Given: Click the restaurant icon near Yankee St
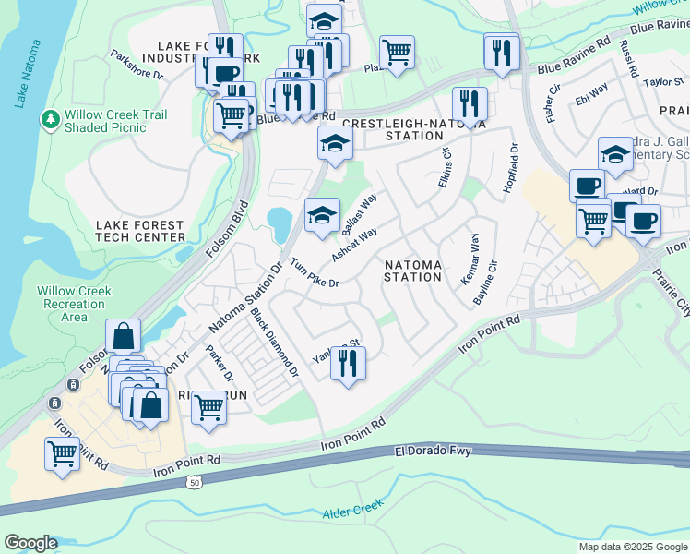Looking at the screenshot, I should coord(348,362).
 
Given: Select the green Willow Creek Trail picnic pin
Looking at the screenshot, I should coord(49,119).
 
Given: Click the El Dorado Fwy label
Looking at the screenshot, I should coord(433,452).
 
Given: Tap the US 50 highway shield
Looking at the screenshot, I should coord(193,481).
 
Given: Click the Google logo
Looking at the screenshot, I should coord(30,543).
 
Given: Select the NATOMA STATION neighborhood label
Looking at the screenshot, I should coord(412,271).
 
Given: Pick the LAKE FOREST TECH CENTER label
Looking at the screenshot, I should coord(140,231).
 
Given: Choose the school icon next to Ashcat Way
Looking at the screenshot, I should coord(321,216).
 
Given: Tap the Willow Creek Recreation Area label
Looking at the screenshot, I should coord(75,304).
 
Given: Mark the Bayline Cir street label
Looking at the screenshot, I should coord(484,283).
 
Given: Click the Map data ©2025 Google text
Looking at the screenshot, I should coord(632,547).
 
